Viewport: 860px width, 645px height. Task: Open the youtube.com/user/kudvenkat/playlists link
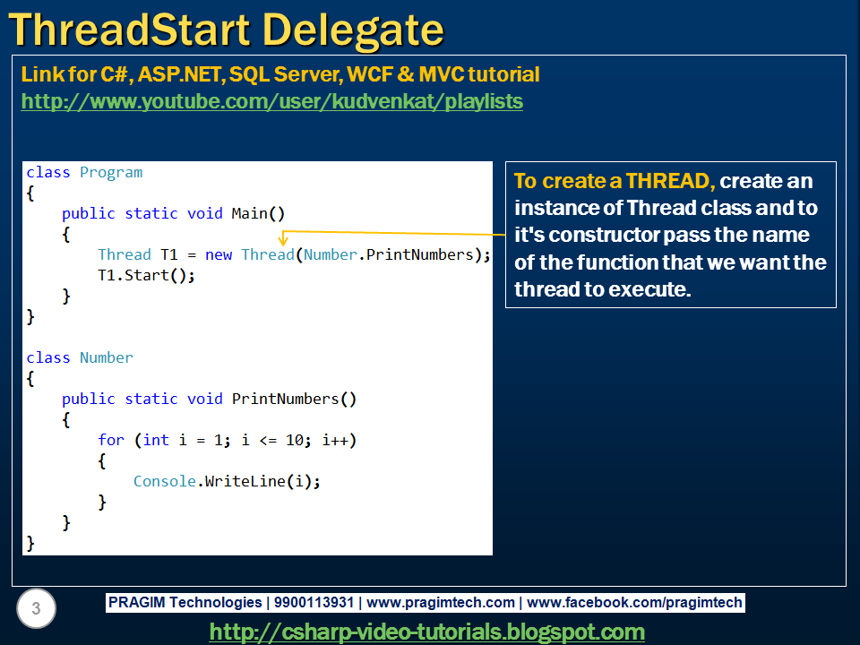click(x=271, y=101)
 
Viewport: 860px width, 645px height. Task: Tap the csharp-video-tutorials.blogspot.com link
click(x=426, y=632)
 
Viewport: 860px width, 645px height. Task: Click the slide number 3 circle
click(x=36, y=610)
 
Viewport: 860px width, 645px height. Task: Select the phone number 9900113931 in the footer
click(x=313, y=603)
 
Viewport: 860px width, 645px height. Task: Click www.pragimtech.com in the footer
click(x=441, y=603)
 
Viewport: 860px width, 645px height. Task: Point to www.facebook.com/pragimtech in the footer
click(x=634, y=603)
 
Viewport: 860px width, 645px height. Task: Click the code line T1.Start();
click(x=146, y=275)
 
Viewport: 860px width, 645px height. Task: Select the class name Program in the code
click(x=111, y=172)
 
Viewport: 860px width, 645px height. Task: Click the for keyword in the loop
click(x=110, y=440)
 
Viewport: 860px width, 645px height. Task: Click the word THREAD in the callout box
click(x=667, y=181)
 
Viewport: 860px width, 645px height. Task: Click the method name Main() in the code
click(x=258, y=213)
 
